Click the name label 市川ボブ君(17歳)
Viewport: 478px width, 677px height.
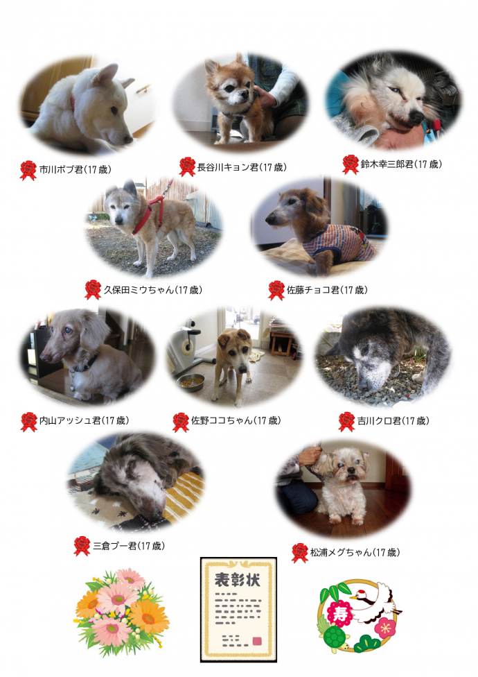[76, 170]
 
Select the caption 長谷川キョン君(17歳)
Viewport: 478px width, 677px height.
[242, 167]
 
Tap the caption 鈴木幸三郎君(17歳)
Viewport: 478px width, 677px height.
[401, 164]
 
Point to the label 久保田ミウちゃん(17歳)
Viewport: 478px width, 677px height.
[153, 290]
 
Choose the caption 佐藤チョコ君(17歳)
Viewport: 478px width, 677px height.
[327, 290]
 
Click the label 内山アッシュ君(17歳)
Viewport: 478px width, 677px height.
[84, 420]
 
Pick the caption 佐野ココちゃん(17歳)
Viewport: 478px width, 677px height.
[236, 420]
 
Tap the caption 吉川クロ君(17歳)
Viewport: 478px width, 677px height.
[393, 421]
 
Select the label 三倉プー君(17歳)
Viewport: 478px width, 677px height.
[129, 546]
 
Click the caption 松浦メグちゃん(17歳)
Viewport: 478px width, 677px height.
[355, 552]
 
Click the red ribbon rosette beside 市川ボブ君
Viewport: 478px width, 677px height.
[28, 170]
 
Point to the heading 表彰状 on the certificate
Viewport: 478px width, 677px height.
[238, 580]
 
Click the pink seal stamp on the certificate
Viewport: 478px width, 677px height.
[257, 641]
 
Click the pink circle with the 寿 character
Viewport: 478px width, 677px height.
[340, 613]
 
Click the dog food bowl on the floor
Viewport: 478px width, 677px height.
[191, 382]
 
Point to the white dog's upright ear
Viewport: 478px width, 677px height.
[105, 75]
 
